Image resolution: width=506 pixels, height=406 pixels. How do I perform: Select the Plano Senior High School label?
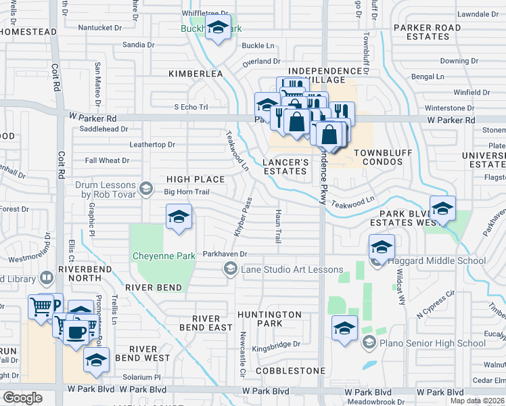(x=433, y=343)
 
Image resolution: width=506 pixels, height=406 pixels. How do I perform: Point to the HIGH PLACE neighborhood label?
(x=195, y=179)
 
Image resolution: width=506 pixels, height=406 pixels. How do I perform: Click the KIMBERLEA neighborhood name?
(x=195, y=73)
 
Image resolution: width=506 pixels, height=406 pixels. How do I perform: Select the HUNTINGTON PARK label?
(x=270, y=319)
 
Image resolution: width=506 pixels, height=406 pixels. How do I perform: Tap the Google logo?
(x=22, y=398)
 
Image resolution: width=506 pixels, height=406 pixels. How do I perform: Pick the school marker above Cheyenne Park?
(x=179, y=217)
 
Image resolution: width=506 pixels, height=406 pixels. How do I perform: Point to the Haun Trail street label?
(x=277, y=226)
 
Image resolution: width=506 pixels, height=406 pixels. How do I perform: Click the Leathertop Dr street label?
(x=152, y=145)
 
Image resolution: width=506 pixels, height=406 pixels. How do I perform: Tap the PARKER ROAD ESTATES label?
(x=429, y=32)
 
